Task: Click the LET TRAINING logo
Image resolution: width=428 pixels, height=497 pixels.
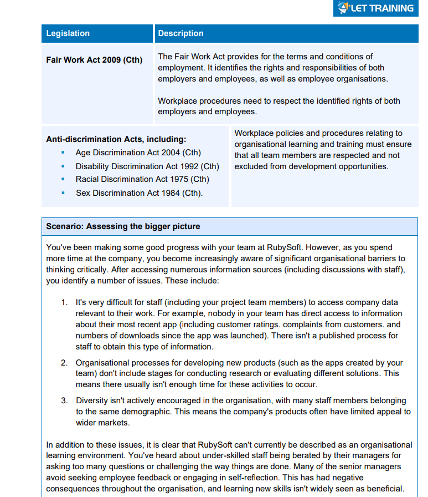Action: pyautogui.click(x=377, y=8)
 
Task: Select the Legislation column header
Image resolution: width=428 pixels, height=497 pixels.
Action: pyautogui.click(x=68, y=33)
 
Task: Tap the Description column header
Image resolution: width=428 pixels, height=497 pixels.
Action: pyautogui.click(x=181, y=33)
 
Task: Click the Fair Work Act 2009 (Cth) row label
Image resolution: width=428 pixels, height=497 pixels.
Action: pyautogui.click(x=94, y=60)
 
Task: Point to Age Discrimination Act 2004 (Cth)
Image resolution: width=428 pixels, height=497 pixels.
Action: pyautogui.click(x=138, y=153)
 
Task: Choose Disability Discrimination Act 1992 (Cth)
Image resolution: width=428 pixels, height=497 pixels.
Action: pyautogui.click(x=147, y=166)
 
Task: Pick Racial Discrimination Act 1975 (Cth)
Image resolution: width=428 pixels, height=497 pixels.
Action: pyautogui.click(x=142, y=179)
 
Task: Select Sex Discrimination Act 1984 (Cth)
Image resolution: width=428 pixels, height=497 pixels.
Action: pyautogui.click(x=139, y=193)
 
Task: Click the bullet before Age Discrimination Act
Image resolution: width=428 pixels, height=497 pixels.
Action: pyautogui.click(x=63, y=153)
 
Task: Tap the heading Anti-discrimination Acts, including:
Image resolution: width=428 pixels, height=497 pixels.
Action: pyautogui.click(x=116, y=139)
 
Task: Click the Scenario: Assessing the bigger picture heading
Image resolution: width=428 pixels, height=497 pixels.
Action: pyautogui.click(x=123, y=226)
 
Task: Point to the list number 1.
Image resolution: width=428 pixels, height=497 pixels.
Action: pyautogui.click(x=64, y=302)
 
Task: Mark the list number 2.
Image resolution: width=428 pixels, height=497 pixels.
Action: pyautogui.click(x=64, y=363)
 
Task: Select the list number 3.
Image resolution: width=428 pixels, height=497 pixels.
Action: pyautogui.click(x=64, y=400)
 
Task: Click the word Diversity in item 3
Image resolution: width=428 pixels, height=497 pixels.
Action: pyautogui.click(x=92, y=400)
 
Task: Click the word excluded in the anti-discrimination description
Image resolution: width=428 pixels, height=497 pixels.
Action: pyautogui.click(x=251, y=166)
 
